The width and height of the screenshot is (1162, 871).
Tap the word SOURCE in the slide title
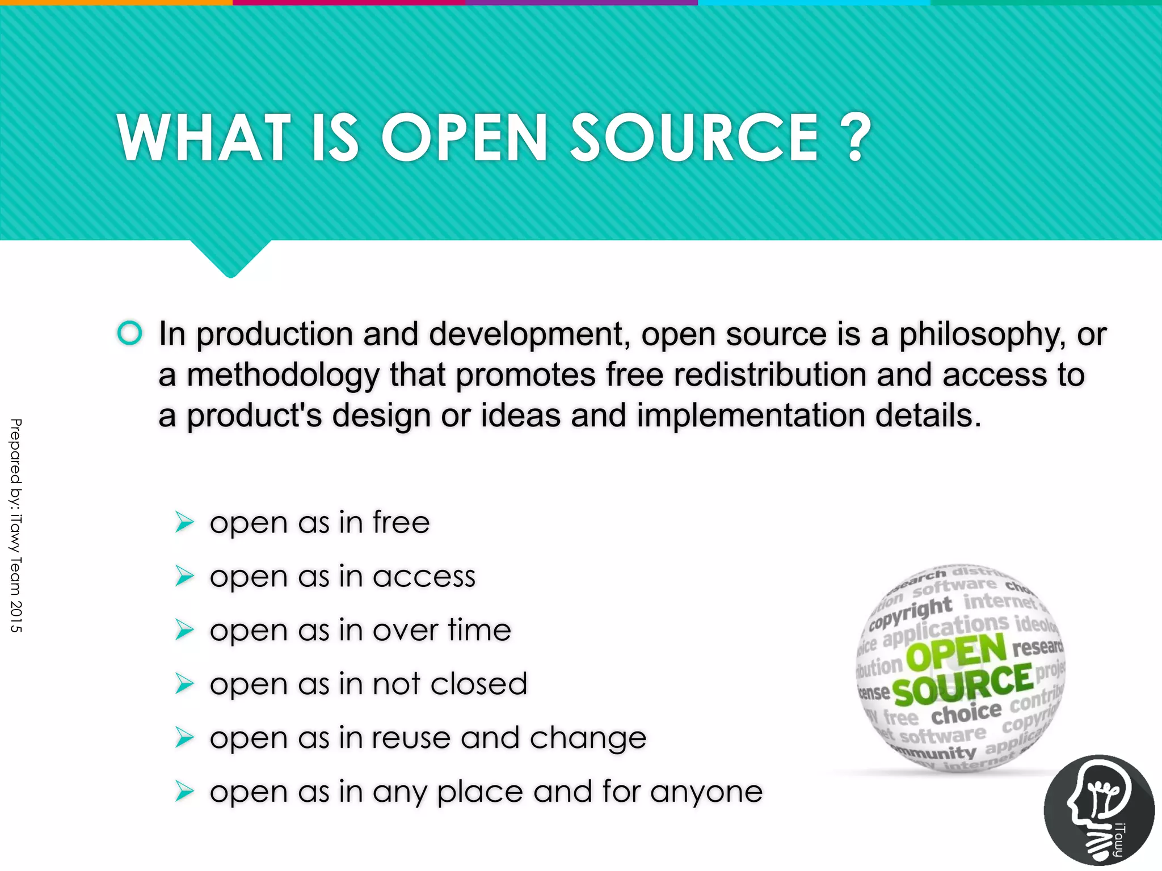(x=694, y=138)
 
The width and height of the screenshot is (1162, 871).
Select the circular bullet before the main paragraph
(x=130, y=333)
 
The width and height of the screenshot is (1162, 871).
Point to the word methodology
(x=283, y=375)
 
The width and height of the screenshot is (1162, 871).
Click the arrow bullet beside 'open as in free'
(x=185, y=522)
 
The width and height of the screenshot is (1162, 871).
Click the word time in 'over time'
(x=479, y=630)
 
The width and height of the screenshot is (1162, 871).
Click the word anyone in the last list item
(x=706, y=792)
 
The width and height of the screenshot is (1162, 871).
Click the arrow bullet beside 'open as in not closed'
(x=185, y=683)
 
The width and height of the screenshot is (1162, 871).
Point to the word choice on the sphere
(x=966, y=713)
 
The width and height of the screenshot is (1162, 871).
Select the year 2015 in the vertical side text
(x=16, y=616)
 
